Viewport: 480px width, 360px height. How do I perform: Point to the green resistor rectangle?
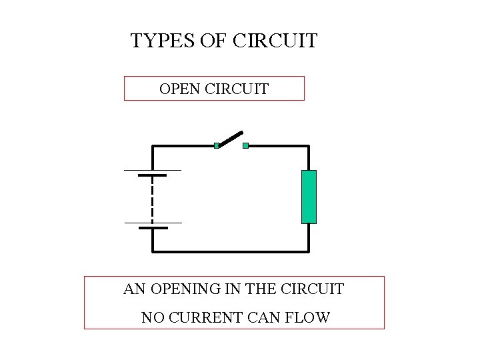click(309, 197)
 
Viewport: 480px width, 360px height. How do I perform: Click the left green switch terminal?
click(217, 145)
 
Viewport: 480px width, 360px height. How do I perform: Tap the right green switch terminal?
click(245, 145)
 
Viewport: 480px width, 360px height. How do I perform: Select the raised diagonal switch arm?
click(230, 139)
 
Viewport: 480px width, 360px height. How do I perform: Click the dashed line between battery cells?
click(153, 199)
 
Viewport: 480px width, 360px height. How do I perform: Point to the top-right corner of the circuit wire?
click(309, 145)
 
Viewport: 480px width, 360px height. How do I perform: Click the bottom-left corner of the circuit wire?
click(153, 252)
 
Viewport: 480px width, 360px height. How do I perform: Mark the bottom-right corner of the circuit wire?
click(309, 252)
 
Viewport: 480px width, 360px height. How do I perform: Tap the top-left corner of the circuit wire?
click(153, 145)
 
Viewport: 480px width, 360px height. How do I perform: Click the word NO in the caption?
click(151, 317)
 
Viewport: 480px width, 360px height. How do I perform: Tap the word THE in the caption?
click(262, 289)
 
